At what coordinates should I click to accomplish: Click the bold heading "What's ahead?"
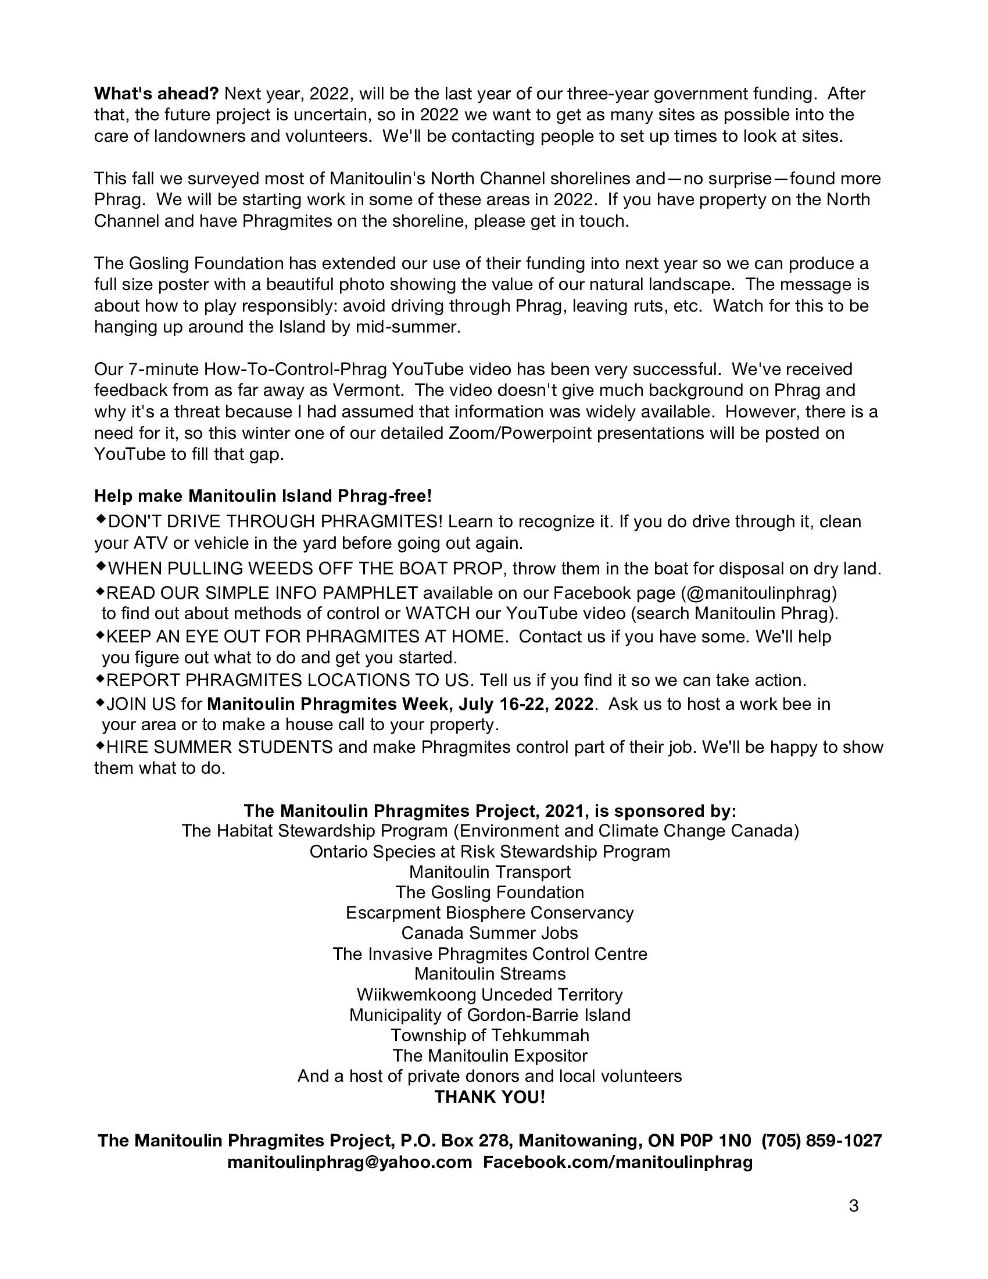click(156, 94)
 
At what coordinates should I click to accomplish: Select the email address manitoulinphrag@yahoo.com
click(349, 1162)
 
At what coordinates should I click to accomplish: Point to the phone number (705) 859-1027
click(821, 1140)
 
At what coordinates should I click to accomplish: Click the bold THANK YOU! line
click(490, 1097)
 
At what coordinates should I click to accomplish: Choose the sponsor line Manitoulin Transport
click(490, 872)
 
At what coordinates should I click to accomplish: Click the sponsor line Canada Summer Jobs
click(490, 933)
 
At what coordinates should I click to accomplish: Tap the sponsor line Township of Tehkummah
click(490, 1035)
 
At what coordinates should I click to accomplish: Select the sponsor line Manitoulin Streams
click(490, 974)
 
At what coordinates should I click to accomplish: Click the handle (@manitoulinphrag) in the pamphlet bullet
click(758, 593)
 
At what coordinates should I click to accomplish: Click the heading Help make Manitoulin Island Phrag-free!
click(263, 496)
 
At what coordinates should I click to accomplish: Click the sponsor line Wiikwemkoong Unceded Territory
click(490, 994)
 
